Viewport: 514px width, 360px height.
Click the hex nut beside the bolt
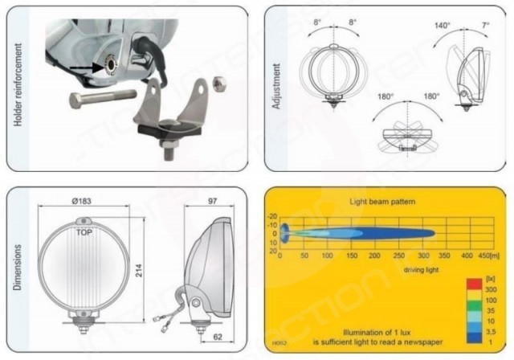click(x=226, y=82)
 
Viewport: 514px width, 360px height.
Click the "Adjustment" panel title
click(x=277, y=87)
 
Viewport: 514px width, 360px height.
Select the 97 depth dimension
click(x=213, y=198)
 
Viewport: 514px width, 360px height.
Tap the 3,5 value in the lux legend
click(x=492, y=329)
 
